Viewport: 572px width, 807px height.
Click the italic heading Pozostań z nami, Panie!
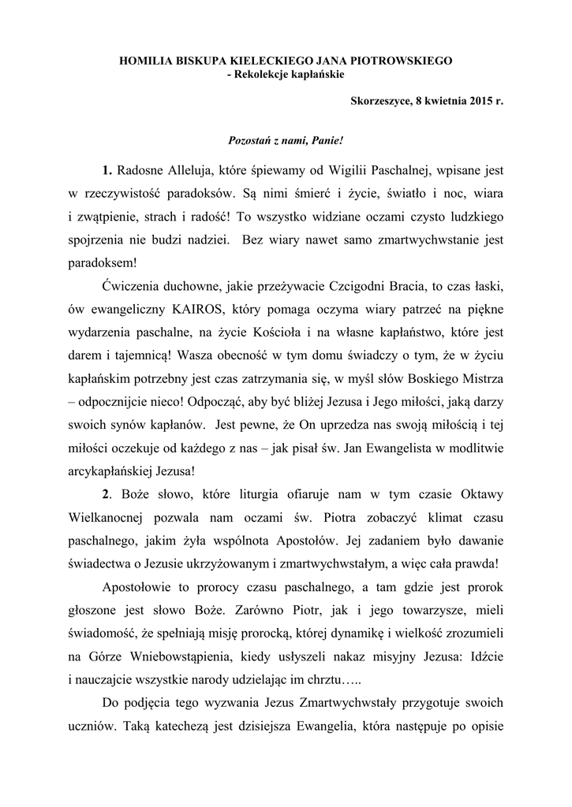(286, 139)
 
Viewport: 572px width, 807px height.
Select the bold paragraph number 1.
(107, 170)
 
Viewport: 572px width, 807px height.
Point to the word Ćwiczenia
(133, 304)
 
